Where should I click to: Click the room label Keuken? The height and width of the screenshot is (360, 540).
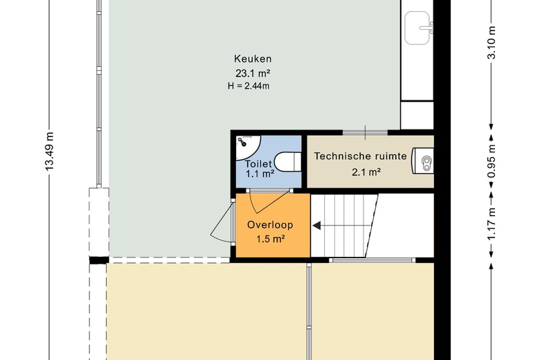click(253, 59)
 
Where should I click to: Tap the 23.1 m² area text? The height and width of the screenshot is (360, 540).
click(253, 73)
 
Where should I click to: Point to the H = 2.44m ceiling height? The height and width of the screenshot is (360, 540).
click(249, 86)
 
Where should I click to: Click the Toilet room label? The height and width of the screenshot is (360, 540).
click(258, 164)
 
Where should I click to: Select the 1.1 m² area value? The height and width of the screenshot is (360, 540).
click(260, 174)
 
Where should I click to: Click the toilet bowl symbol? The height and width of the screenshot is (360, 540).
click(287, 162)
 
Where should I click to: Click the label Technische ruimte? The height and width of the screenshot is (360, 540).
click(360, 156)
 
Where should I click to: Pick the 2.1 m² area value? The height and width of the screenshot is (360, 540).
click(366, 172)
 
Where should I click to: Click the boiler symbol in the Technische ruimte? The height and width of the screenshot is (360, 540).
click(422, 161)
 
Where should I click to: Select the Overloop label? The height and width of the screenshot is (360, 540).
click(270, 224)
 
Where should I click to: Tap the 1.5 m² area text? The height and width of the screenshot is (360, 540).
click(270, 238)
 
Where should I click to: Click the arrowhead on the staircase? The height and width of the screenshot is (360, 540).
click(316, 226)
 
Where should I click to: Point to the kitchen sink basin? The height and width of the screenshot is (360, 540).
click(417, 28)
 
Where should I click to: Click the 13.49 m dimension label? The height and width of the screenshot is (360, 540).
click(50, 151)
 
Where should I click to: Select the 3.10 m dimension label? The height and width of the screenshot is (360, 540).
click(492, 43)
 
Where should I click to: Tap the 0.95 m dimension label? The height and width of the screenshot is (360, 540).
click(492, 161)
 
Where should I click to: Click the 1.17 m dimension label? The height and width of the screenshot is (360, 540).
click(492, 224)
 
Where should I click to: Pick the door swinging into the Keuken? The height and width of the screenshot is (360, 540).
click(220, 222)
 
